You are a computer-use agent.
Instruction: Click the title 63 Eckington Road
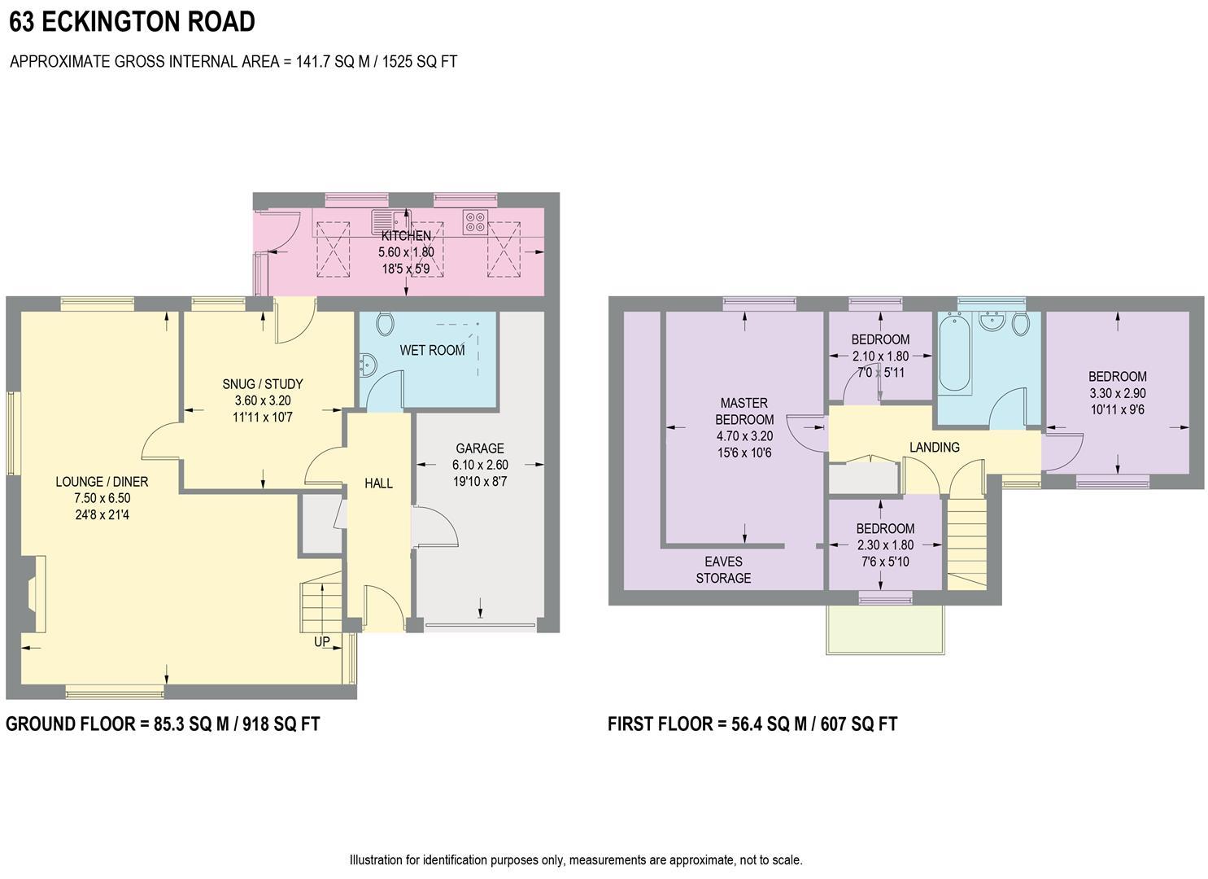click(132, 22)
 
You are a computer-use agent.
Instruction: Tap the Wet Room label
click(432, 351)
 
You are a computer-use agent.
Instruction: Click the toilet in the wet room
click(386, 325)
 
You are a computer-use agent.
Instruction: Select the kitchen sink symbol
click(390, 221)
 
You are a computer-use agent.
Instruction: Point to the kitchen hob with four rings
click(474, 221)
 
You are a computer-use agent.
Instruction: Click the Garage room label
click(479, 448)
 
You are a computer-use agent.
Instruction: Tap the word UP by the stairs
click(322, 641)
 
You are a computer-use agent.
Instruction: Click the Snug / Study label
click(262, 384)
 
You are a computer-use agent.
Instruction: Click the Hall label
click(378, 483)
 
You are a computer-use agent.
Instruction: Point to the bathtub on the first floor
click(954, 355)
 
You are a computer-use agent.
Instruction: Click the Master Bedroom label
click(744, 411)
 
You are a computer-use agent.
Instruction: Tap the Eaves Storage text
click(723, 570)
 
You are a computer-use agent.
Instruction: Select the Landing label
click(934, 447)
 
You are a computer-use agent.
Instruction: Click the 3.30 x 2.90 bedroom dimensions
click(1118, 393)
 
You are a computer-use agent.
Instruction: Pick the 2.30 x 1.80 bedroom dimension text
click(884, 545)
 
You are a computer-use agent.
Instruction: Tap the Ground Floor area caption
click(163, 724)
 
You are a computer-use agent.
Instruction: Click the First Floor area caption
click(752, 724)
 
